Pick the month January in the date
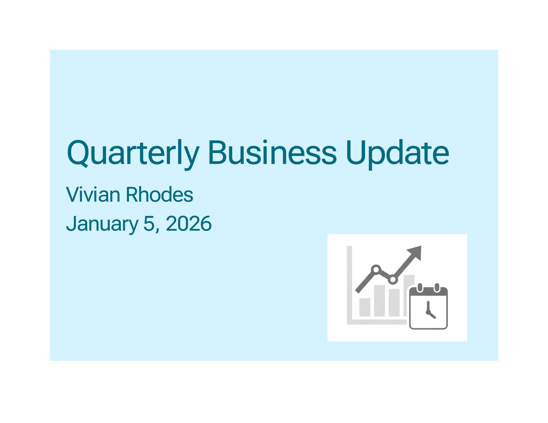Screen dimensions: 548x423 pyautogui.click(x=102, y=224)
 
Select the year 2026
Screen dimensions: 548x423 pyautogui.click(x=189, y=223)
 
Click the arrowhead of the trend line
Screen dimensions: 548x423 pyautogui.click(x=415, y=253)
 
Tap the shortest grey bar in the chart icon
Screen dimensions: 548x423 pyautogui.click(x=365, y=307)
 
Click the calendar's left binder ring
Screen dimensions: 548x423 pyautogui.click(x=420, y=288)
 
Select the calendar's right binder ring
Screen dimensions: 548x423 pyautogui.click(x=437, y=288)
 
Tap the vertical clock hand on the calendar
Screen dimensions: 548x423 pyautogui.click(x=428, y=306)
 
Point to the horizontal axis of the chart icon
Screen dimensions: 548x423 pyautogui.click(x=377, y=322)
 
